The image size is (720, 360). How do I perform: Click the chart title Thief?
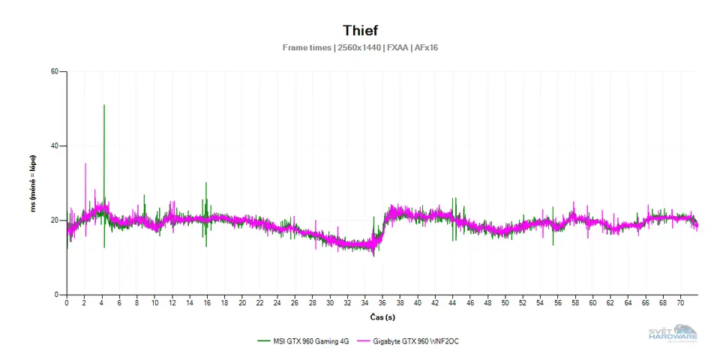[360, 31]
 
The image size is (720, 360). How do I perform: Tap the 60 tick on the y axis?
[54, 72]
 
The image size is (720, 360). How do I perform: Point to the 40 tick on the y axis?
[54, 146]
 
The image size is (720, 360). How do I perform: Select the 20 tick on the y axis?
[54, 220]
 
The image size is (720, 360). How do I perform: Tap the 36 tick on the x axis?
[382, 304]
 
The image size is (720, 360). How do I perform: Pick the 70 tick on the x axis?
[680, 304]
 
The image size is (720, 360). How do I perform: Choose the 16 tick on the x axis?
[207, 304]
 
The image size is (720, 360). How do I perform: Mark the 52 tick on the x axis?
[523, 304]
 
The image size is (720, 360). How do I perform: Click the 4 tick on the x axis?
[102, 304]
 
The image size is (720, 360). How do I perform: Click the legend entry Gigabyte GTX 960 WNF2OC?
[418, 340]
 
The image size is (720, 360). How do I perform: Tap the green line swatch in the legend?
[262, 340]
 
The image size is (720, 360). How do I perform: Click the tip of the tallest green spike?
[103, 105]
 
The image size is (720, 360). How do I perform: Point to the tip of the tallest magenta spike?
[85, 163]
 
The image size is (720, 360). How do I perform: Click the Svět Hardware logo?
[673, 334]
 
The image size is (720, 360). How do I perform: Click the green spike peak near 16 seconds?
[206, 183]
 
